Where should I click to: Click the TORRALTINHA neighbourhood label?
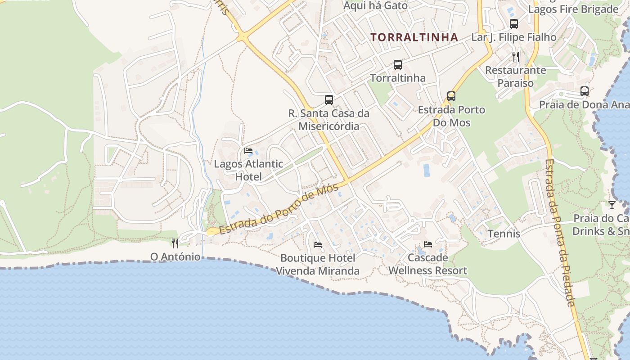[x=414, y=37]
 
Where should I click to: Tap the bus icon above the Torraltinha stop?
[x=397, y=65]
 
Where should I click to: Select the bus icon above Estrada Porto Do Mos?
[x=451, y=96]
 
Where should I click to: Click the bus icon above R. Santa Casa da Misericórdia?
[x=329, y=100]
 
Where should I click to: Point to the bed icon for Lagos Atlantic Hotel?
[x=248, y=151]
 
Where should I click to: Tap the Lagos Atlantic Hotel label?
[x=248, y=170]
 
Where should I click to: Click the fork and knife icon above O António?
[x=175, y=243]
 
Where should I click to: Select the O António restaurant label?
[x=175, y=257]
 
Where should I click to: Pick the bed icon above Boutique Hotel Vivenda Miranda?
[x=318, y=245]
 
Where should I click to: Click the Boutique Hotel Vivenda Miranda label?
[x=318, y=265]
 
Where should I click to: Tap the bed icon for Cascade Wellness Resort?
[x=427, y=244]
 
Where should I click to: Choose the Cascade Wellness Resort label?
[x=427, y=264]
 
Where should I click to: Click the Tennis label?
[x=504, y=234]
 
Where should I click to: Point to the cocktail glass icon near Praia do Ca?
[x=612, y=205]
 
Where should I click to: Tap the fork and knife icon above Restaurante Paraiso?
[x=516, y=56]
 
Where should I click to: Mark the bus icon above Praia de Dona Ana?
[x=584, y=91]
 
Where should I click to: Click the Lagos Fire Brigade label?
[x=573, y=9]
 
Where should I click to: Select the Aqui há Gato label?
[x=375, y=6]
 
